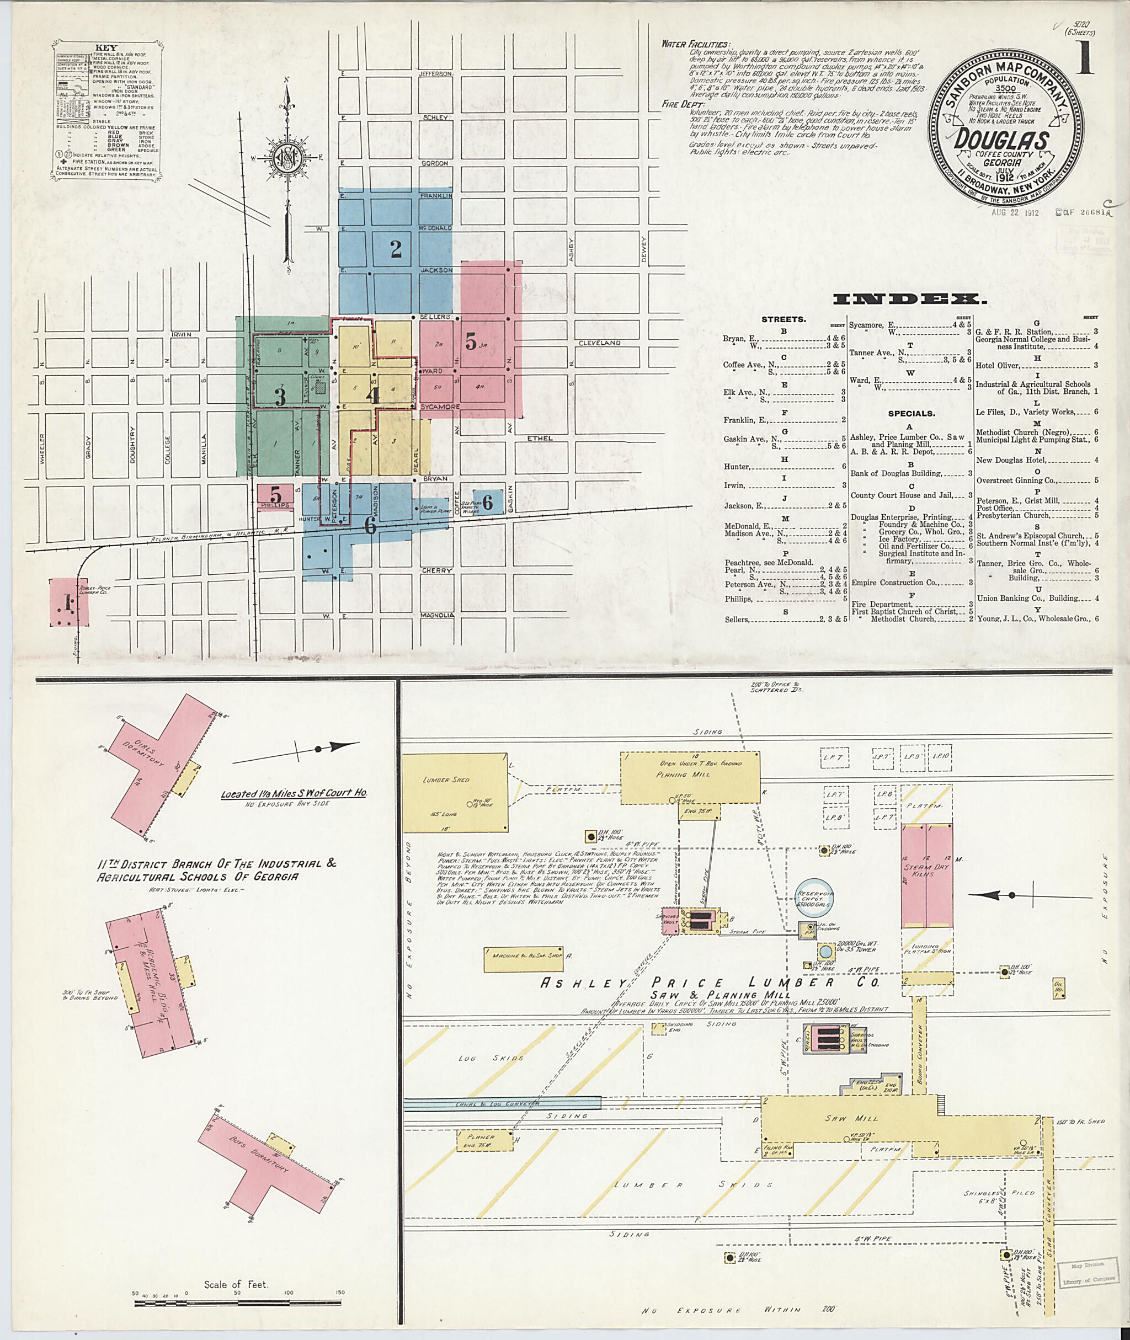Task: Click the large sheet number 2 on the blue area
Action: point(396,249)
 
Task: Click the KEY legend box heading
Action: point(106,47)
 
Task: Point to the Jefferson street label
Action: point(435,74)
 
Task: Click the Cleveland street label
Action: point(600,343)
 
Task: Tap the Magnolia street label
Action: point(438,615)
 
